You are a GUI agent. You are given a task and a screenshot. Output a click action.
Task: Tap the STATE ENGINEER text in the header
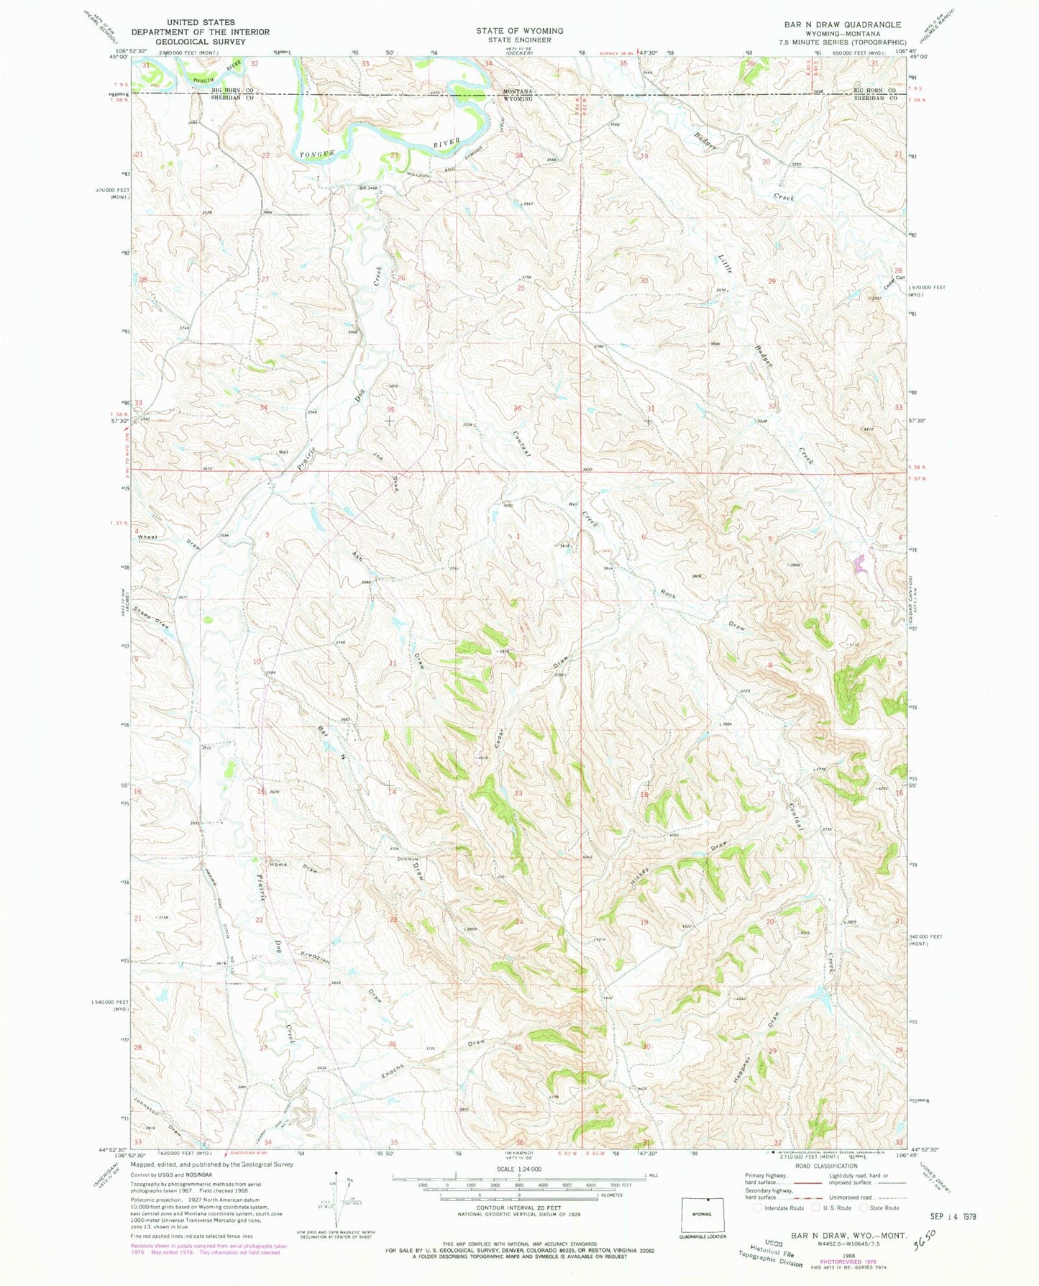(519, 40)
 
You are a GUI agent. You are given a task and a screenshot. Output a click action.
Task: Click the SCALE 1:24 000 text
(495, 1189)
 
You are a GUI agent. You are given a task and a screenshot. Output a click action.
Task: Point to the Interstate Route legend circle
(758, 1208)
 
